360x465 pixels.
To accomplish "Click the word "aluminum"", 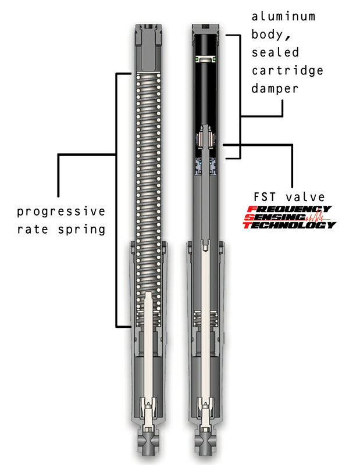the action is point(283,17).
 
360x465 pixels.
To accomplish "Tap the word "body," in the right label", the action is point(270,35).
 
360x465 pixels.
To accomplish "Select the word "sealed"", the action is point(275,52).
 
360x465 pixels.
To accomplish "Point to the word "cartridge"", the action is point(287,71).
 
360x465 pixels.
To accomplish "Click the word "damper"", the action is point(275,89).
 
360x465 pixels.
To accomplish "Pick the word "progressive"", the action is point(61,212).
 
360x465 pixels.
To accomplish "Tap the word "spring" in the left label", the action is point(81,230).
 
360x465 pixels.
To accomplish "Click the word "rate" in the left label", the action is point(33,230).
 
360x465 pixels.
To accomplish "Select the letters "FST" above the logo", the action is point(265,197).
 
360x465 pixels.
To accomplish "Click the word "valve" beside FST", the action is point(305,197).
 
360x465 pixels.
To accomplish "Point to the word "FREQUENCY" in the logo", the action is point(290,209).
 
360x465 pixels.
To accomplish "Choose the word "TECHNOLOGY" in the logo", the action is point(290,225).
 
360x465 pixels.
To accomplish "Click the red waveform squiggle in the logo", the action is point(318,217).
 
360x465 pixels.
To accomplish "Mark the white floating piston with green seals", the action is point(205,59).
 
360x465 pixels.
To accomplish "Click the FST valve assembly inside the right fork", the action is point(205,137).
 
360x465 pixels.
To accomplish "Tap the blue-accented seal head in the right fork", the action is point(205,166).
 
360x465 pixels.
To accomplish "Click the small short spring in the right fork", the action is point(205,319).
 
